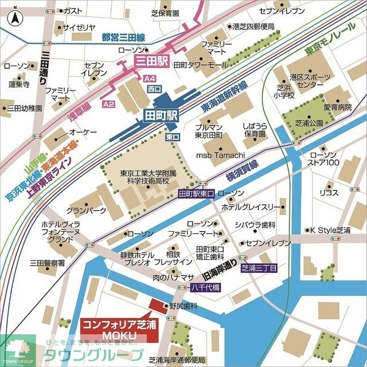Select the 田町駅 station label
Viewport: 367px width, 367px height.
[x=161, y=114]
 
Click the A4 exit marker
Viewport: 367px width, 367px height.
[x=150, y=78]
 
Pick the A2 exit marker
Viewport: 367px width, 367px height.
[x=109, y=104]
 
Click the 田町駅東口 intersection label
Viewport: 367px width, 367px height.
[x=196, y=194]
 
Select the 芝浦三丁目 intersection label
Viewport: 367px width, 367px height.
[x=259, y=268]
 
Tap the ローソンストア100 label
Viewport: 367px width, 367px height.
[x=325, y=159]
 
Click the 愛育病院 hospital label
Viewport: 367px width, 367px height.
[x=338, y=107]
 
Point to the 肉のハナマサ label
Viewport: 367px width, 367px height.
[x=173, y=278]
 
